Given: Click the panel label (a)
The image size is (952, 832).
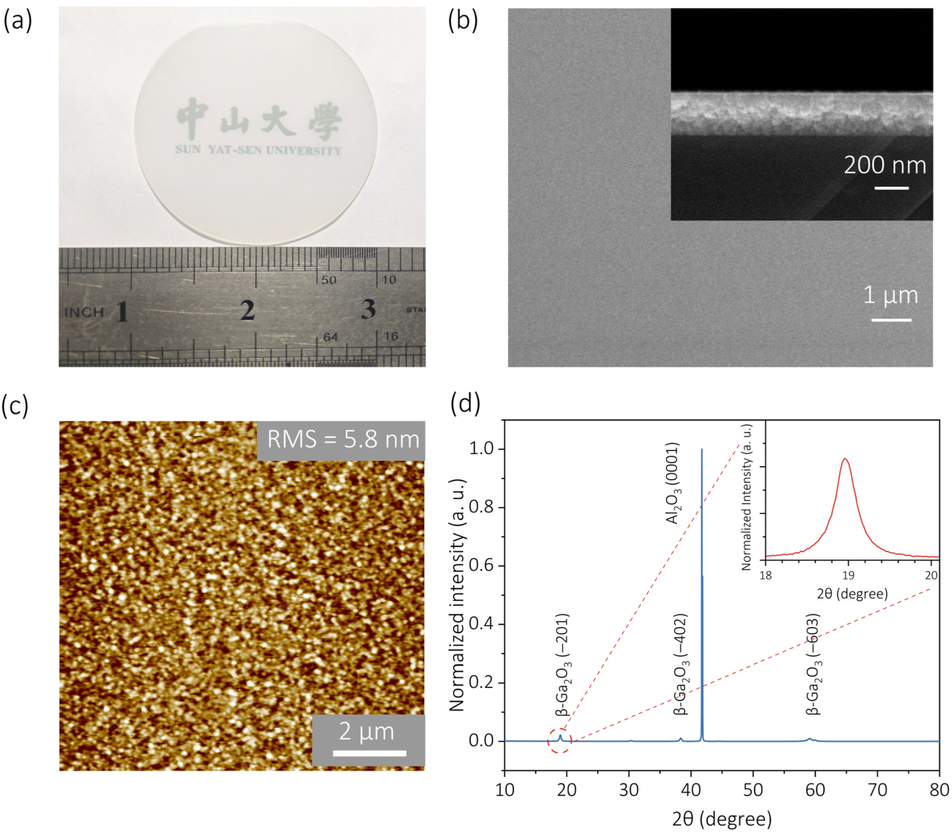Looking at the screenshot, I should click(x=18, y=21).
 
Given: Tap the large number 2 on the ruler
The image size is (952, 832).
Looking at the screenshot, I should click(x=247, y=310).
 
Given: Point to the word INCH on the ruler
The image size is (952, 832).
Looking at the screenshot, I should click(x=84, y=312).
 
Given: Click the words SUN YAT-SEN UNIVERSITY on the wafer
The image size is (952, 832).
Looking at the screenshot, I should click(x=258, y=150).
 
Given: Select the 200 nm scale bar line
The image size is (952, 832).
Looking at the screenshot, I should click(x=891, y=188).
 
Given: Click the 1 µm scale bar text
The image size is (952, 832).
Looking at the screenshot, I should click(x=890, y=295).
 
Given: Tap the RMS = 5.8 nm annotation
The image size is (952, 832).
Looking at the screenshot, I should click(x=343, y=440).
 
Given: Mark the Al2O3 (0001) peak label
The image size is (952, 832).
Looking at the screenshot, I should click(x=673, y=483).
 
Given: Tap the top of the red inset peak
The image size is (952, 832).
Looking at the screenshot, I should click(x=845, y=459).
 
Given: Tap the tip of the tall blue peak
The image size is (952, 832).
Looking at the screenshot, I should click(x=701, y=450).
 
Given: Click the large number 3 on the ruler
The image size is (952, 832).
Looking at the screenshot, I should click(x=368, y=309).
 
